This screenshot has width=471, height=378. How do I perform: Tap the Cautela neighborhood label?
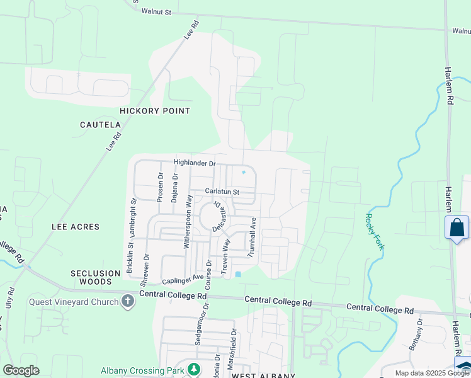pos(100,125)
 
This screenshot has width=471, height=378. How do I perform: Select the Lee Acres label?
pos(76,227)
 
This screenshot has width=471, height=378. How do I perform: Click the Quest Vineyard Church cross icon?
pos(128,301)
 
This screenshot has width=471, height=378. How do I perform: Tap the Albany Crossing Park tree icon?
pos(195,369)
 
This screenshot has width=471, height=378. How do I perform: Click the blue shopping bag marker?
pos(457,228)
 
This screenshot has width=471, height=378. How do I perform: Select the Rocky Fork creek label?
pos(374,231)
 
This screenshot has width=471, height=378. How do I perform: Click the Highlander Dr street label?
pos(195,163)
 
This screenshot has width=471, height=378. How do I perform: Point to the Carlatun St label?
pos(222,192)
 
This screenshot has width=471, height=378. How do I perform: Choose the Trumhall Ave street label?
pos(253,238)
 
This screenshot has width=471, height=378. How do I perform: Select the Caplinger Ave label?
pos(183,278)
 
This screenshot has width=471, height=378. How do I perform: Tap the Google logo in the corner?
pos(21,370)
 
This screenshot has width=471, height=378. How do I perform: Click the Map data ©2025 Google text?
pos(433,373)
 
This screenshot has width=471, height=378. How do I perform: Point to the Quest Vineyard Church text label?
pos(74,302)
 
